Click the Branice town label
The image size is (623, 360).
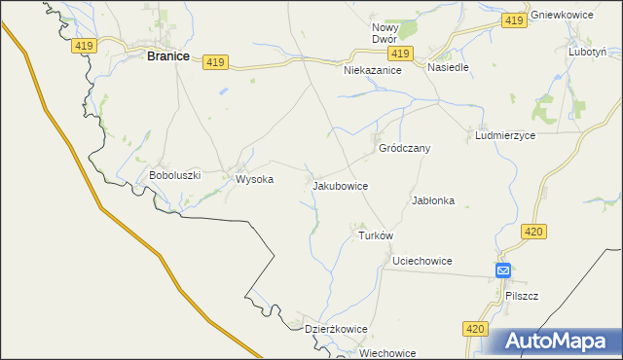[x=167, y=56]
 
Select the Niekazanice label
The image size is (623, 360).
[x=373, y=71]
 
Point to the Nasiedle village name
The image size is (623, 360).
[x=449, y=68]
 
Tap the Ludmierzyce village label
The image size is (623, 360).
[x=505, y=136]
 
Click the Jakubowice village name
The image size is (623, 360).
[x=340, y=184]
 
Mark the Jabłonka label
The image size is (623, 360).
[x=433, y=200]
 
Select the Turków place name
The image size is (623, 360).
[x=375, y=235]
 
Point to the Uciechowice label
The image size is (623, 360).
[x=422, y=262]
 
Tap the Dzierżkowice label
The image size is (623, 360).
[x=336, y=329]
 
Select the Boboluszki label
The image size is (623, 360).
[x=174, y=175]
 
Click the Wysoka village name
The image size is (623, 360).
[x=248, y=179]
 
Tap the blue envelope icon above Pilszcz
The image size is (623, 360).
[x=502, y=270]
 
